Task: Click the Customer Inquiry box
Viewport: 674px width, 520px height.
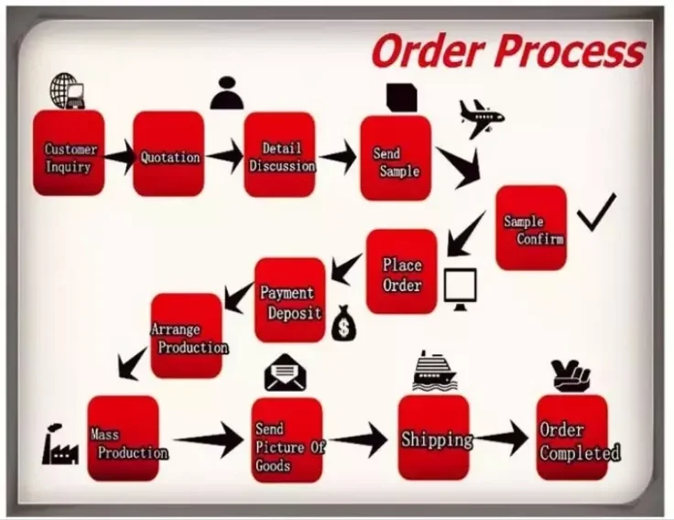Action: [69, 154]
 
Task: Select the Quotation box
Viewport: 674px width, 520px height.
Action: [168, 155]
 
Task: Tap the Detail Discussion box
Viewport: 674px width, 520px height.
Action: [279, 155]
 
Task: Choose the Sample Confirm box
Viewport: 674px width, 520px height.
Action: [531, 227]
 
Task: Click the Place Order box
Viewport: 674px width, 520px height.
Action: [402, 272]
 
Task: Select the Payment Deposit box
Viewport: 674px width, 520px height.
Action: [290, 299]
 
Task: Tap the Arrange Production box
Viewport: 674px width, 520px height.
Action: [186, 335]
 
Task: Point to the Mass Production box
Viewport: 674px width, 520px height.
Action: [123, 439]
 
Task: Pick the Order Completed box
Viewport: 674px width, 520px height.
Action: [572, 438]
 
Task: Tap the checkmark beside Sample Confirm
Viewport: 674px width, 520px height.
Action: [596, 211]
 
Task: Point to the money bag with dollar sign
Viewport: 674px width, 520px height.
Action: [342, 322]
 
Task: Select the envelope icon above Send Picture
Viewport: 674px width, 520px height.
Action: [284, 373]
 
